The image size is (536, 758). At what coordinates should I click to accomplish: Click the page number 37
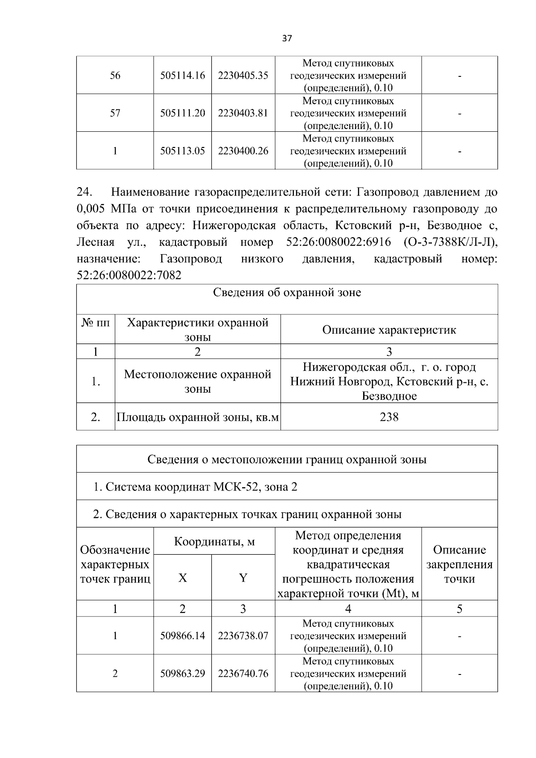(x=287, y=38)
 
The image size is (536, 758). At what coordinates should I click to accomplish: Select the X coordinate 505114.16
(x=183, y=75)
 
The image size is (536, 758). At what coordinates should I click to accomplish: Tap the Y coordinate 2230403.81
(x=243, y=113)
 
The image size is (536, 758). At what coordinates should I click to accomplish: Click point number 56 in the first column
(x=115, y=75)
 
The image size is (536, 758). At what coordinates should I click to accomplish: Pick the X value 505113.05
(x=183, y=151)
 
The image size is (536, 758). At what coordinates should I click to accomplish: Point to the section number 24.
(x=84, y=192)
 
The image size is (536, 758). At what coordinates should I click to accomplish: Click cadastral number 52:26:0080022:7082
(x=129, y=275)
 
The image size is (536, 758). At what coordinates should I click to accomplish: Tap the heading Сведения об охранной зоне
(x=287, y=293)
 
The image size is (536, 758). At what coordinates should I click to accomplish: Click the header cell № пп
(x=96, y=322)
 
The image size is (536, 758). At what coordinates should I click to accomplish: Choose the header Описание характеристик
(x=389, y=330)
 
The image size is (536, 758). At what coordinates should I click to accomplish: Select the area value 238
(x=389, y=417)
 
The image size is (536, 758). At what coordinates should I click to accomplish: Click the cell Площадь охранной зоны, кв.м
(x=197, y=418)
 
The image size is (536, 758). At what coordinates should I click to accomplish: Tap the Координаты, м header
(x=214, y=542)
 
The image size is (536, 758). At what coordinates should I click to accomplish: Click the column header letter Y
(x=243, y=578)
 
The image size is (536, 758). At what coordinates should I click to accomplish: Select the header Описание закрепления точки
(x=459, y=564)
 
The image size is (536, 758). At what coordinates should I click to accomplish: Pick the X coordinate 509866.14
(x=183, y=636)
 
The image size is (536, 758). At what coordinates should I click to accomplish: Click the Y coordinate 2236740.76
(x=243, y=674)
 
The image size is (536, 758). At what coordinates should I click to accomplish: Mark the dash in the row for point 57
(x=459, y=114)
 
